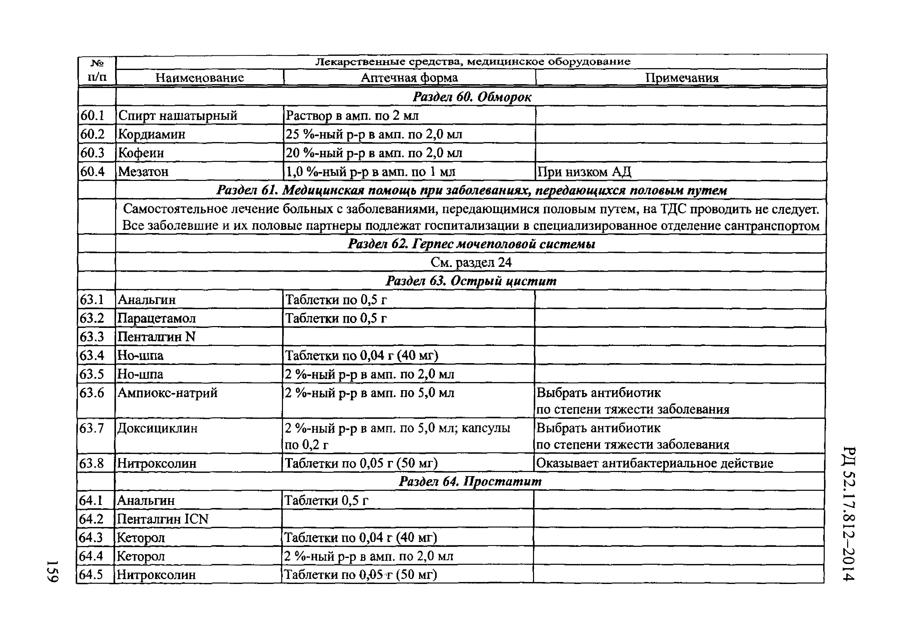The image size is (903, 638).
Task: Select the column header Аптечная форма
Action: [x=409, y=77]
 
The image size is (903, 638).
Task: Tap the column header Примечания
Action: [x=682, y=77]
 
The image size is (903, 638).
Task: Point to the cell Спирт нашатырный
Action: [x=178, y=116]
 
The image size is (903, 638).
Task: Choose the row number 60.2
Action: [x=92, y=134]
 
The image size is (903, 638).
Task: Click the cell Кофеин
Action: [x=141, y=153]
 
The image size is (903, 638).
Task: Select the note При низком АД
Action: [x=584, y=172]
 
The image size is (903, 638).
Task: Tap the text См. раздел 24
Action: [x=471, y=262]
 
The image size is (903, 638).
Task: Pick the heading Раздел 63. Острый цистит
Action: [x=471, y=281]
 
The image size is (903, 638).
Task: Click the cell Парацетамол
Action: [x=157, y=318]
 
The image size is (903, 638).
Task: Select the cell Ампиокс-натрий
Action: [x=167, y=393]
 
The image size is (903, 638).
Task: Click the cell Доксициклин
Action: [x=157, y=428]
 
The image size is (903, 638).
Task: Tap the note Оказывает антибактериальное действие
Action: [x=655, y=463]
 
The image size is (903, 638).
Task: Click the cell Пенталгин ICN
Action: [x=163, y=519]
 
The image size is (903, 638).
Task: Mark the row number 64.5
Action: [x=91, y=575]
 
